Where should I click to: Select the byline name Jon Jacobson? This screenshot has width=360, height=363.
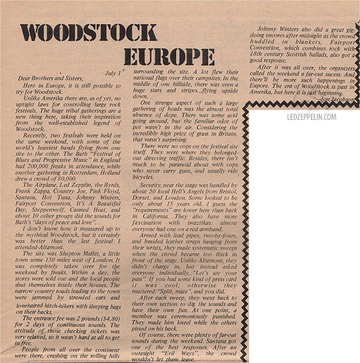pos(335,101)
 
